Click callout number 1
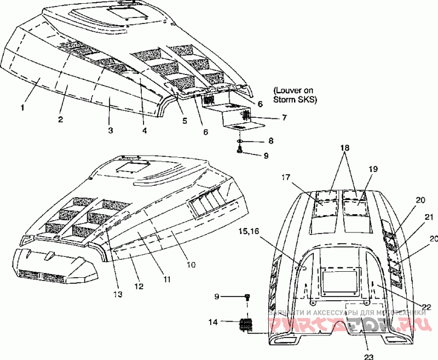pyautogui.click(x=22, y=108)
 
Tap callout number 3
pyautogui.click(x=110, y=130)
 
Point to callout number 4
pyautogui.click(x=145, y=130)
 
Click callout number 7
pyautogui.click(x=269, y=117)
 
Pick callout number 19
pyautogui.click(x=372, y=170)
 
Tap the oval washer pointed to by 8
pyautogui.click(x=240, y=141)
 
